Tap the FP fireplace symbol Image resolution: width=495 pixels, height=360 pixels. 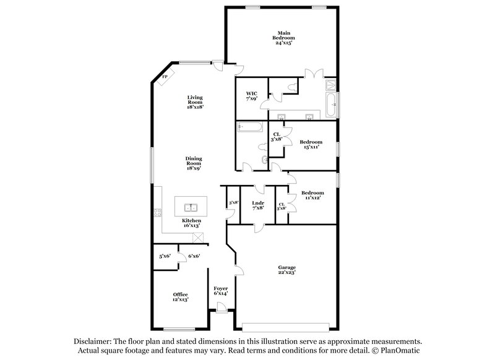point(165,77)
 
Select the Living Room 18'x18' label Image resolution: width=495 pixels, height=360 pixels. point(196,102)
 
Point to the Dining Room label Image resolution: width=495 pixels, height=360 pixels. point(194,163)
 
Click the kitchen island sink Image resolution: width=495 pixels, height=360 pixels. point(190,207)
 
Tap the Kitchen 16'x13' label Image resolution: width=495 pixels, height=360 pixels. point(191,223)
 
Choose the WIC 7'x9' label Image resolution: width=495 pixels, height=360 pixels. point(251,96)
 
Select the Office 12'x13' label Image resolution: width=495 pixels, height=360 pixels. point(181,296)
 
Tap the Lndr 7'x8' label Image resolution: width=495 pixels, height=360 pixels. point(259,205)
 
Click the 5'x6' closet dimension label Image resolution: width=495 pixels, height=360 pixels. point(164,255)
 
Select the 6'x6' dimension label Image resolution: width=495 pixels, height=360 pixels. point(193,255)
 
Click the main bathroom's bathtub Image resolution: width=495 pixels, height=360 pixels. point(331,105)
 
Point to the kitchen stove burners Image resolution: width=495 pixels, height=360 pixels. point(157,213)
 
